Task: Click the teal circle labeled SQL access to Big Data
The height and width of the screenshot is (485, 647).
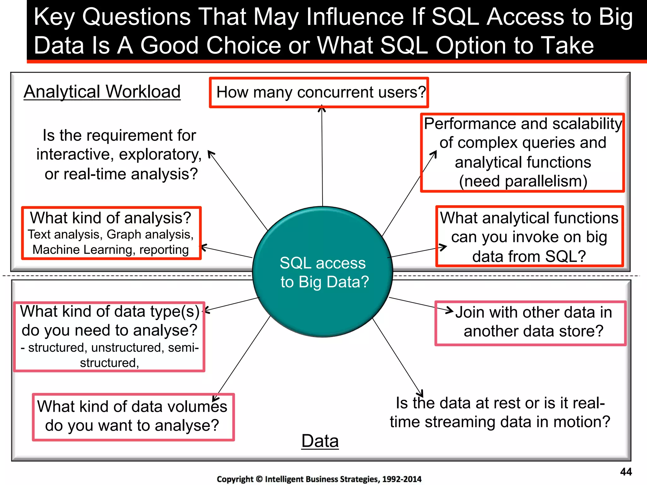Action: (x=323, y=272)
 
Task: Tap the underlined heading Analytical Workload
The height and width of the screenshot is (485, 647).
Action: (x=102, y=92)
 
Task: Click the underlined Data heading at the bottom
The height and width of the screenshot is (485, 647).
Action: (x=320, y=441)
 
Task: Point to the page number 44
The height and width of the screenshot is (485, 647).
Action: (x=626, y=472)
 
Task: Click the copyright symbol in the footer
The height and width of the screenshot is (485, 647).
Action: (x=259, y=479)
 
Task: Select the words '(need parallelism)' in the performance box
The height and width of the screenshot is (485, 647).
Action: (x=523, y=181)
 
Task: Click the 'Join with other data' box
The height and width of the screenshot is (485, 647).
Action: (x=530, y=323)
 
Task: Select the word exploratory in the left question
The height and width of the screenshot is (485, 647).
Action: (x=160, y=155)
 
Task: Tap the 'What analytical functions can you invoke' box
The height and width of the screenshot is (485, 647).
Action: (x=529, y=237)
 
